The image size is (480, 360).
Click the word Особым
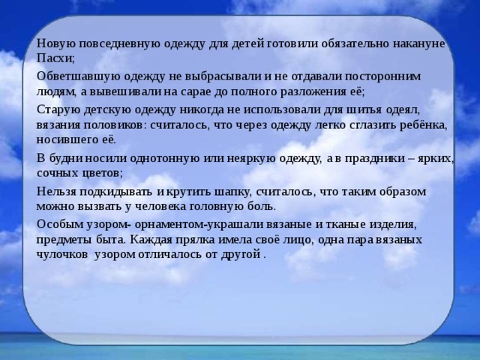tap(58, 223)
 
